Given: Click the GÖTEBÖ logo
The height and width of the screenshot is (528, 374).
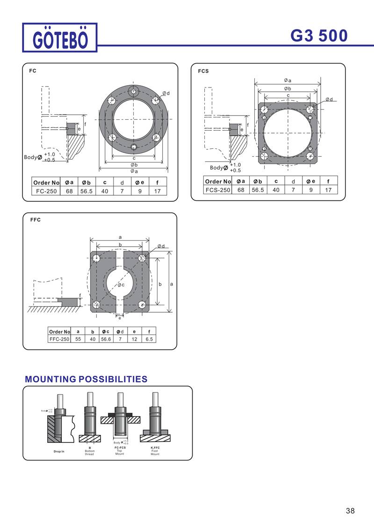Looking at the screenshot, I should click(x=60, y=37).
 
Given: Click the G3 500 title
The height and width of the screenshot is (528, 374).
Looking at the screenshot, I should click(x=319, y=36).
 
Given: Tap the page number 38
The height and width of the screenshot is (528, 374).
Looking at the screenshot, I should click(x=350, y=511).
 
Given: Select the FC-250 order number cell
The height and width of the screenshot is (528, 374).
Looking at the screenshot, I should click(x=46, y=191).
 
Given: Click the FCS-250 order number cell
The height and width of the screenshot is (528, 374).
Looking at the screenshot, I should click(x=217, y=190).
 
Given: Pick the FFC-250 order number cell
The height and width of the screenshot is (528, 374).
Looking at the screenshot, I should click(x=59, y=339).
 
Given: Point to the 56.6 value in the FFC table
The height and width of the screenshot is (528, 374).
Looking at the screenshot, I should click(x=106, y=339).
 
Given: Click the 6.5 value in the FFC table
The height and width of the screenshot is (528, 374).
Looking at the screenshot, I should click(x=149, y=339).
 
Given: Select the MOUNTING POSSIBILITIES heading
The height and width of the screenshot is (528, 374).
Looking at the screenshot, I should click(x=86, y=379).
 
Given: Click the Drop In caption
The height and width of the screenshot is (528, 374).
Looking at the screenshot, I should click(x=59, y=451).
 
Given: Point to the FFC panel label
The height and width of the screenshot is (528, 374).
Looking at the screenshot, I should click(x=36, y=220).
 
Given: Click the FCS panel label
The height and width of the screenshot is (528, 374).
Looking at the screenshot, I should click(x=203, y=71).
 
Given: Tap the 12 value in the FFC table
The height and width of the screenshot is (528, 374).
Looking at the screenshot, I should click(x=134, y=339).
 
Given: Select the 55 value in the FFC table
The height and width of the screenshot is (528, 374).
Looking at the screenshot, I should click(x=78, y=339).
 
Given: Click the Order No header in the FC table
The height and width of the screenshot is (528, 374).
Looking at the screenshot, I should click(x=46, y=182).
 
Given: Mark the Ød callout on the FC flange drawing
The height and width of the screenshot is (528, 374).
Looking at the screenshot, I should click(x=166, y=93).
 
